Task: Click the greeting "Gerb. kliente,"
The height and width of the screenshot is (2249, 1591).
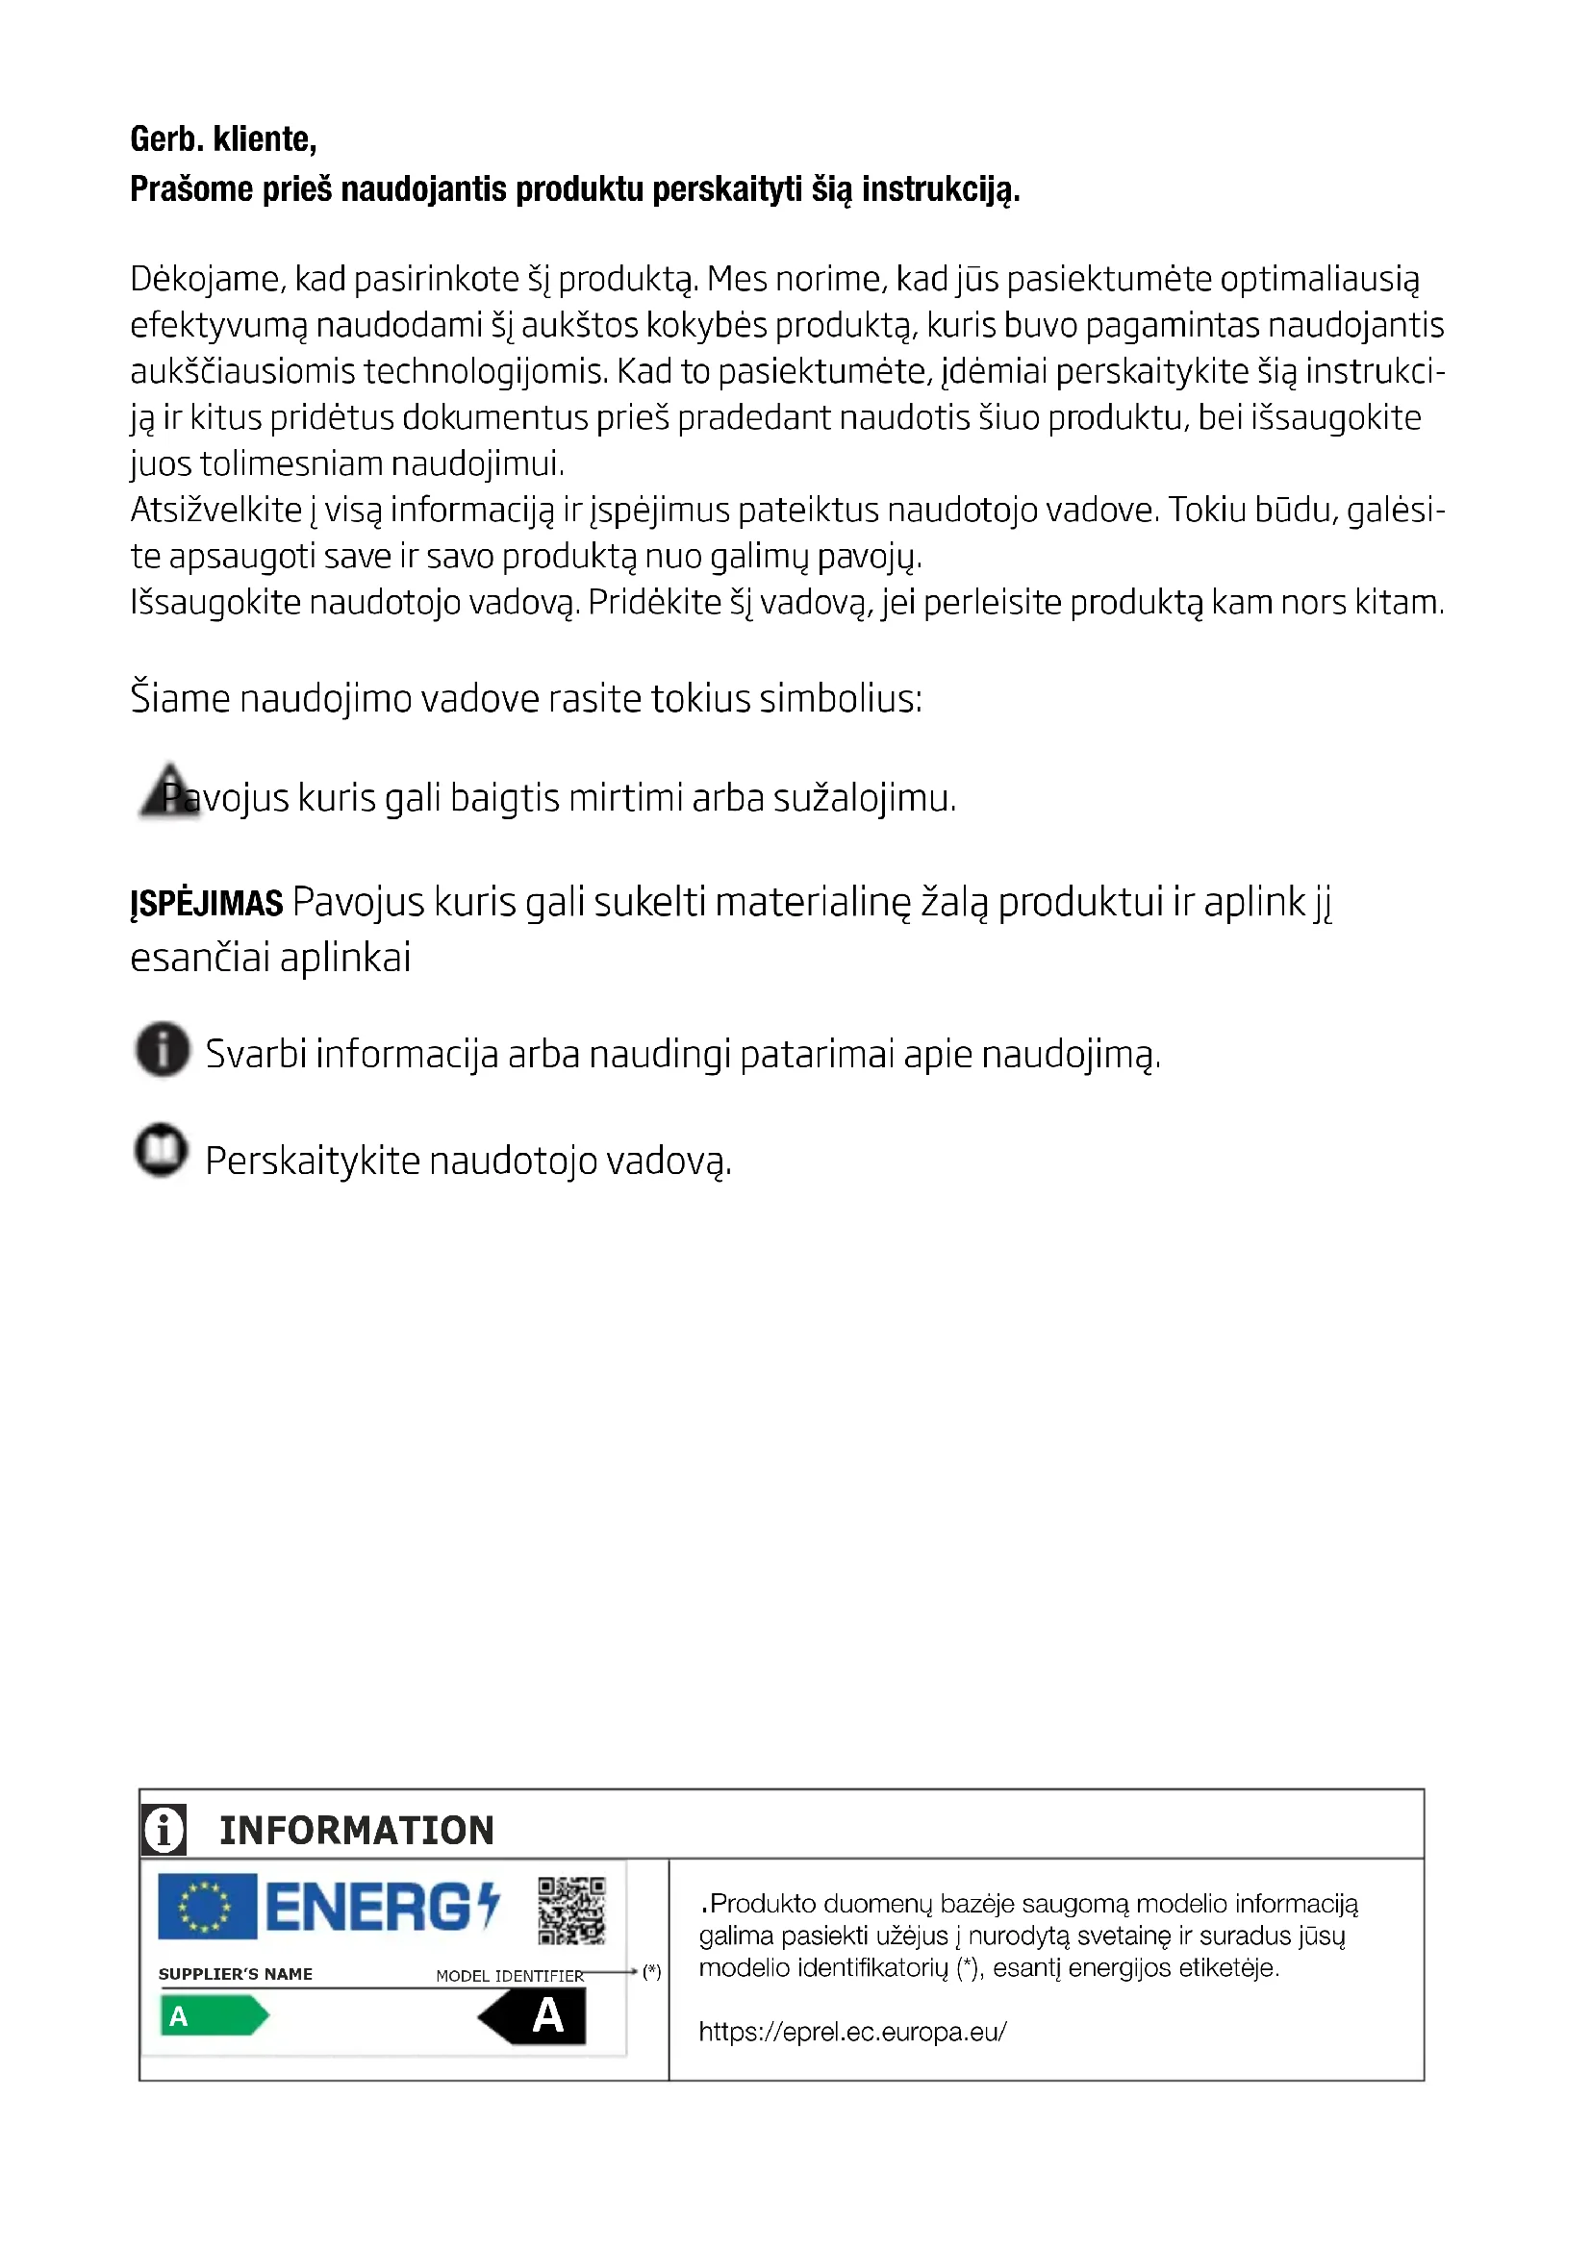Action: [223, 140]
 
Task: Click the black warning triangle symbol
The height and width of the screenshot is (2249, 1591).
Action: [168, 791]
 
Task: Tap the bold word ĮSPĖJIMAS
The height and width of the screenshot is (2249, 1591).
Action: [207, 903]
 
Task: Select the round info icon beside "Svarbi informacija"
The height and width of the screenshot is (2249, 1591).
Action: [163, 1049]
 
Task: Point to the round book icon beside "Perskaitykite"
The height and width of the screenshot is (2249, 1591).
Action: [162, 1150]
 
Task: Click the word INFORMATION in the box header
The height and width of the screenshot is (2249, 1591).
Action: [357, 1831]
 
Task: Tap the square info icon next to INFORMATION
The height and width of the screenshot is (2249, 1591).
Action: [164, 1830]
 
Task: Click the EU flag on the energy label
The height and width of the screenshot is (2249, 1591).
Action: [207, 1906]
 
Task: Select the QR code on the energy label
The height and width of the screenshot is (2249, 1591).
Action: [571, 1911]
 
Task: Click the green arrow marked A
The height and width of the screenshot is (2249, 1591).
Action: [213, 2016]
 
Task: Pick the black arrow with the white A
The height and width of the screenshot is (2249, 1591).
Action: [534, 2016]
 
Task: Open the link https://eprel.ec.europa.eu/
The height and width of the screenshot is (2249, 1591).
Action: [852, 2032]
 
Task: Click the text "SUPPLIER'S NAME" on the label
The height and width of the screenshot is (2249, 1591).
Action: [235, 1974]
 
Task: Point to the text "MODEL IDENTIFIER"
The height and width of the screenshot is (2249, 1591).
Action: [510, 1976]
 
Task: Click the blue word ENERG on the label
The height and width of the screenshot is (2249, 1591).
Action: [368, 1908]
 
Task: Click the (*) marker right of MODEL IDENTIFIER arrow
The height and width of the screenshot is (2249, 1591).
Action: [651, 1972]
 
